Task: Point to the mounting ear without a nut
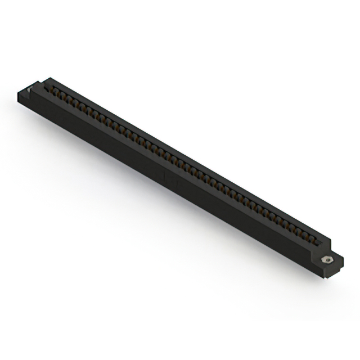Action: [x=29, y=93]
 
